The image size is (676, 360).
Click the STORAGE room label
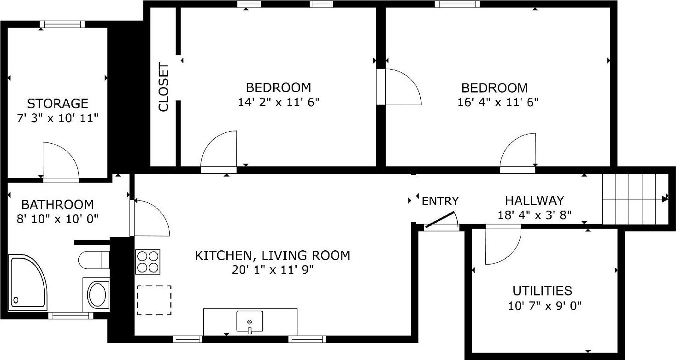click(58, 103)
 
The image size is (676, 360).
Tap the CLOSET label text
click(164, 88)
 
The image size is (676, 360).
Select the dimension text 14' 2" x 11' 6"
click(278, 102)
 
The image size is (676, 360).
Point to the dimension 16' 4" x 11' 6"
click(498, 102)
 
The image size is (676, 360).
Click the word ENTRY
click(441, 201)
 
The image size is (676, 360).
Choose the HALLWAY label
click(535, 201)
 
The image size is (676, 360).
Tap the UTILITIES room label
click(542, 291)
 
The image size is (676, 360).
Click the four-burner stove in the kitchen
click(147, 262)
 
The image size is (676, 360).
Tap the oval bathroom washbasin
click(97, 295)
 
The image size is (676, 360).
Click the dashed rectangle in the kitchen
click(154, 300)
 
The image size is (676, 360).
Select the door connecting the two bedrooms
click(399, 87)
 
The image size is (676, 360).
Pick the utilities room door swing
click(502, 246)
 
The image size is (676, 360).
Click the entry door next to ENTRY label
click(440, 221)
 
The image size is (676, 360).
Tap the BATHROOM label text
click(58, 204)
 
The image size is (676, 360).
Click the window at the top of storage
click(62, 24)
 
